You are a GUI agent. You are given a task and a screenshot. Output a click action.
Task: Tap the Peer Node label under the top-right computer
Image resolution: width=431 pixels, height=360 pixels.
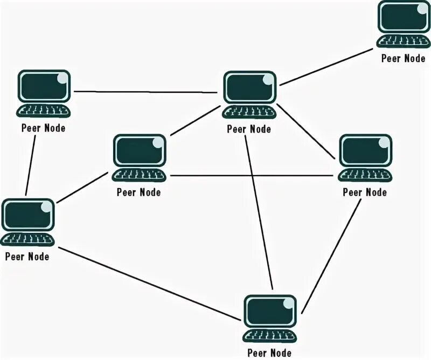point(403,59)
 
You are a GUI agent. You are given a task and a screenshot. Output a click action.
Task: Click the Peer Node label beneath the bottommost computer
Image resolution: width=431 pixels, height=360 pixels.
point(270,353)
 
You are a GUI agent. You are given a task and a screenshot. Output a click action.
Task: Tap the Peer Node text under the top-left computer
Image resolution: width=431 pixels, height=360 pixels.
point(43,128)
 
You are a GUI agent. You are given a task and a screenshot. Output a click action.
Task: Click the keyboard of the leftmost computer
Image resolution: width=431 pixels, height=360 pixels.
point(27,239)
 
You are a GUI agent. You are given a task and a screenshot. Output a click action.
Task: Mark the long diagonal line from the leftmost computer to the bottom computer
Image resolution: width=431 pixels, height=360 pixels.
point(151,283)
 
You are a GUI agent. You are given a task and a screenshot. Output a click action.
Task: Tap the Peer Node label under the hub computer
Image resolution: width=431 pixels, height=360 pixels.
point(249,129)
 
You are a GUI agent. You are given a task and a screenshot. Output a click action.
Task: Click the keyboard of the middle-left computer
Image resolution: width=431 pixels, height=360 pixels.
point(139,175)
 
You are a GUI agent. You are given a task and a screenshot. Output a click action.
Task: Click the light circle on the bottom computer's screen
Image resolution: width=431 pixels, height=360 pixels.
point(290,303)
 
